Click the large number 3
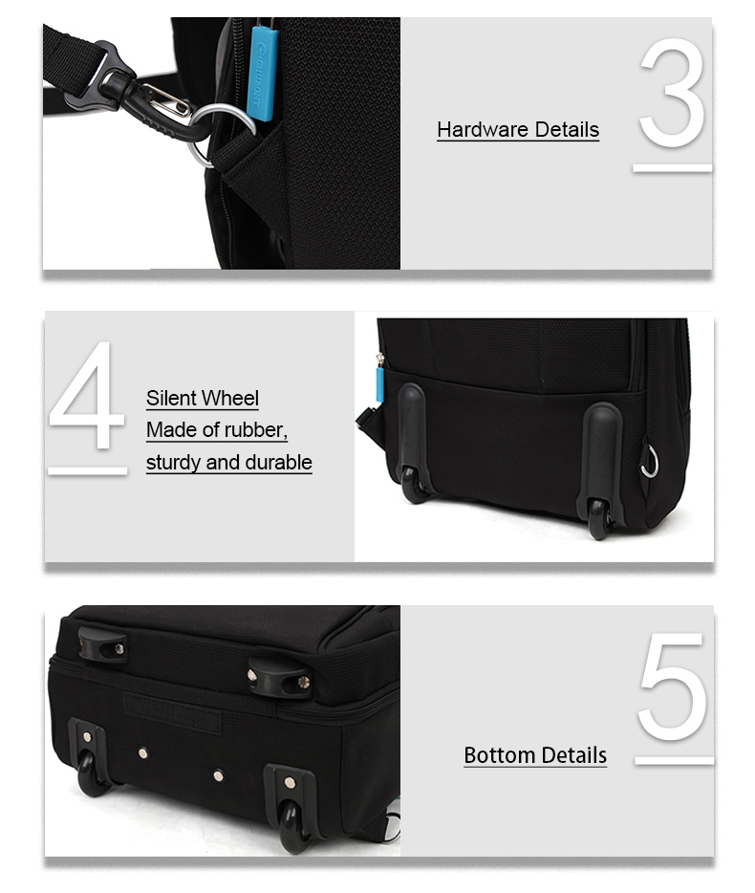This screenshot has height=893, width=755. (x=672, y=94)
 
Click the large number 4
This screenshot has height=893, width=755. (x=87, y=395)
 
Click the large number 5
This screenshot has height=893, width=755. (x=672, y=686)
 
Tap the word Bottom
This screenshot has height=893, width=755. (x=498, y=755)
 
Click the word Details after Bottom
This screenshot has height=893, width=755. (x=572, y=755)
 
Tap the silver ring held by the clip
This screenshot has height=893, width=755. (x=219, y=135)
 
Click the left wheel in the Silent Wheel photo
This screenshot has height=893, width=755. (x=414, y=485)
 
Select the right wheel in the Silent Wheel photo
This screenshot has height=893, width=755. (x=599, y=519)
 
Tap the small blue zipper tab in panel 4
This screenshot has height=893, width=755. (x=379, y=385)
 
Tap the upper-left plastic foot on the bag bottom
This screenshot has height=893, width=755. (x=102, y=644)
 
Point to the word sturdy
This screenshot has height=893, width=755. (x=173, y=463)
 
